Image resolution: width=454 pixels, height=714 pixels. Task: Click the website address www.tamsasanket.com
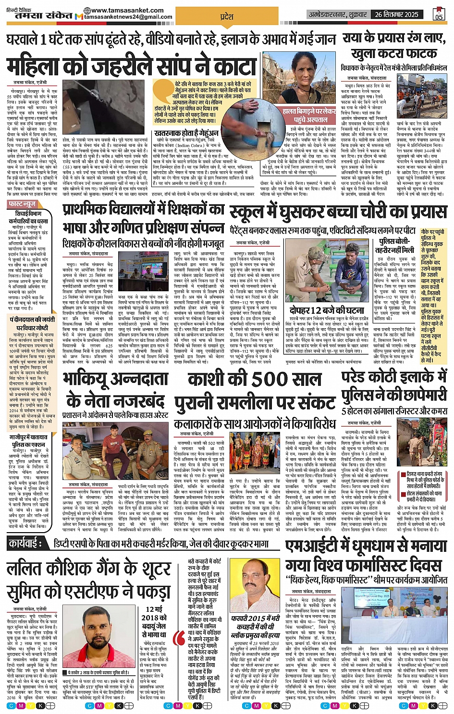(x=119, y=10)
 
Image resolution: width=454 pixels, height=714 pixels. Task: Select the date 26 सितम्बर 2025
(x=397, y=14)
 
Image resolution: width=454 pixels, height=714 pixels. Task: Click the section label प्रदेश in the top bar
(x=226, y=16)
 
